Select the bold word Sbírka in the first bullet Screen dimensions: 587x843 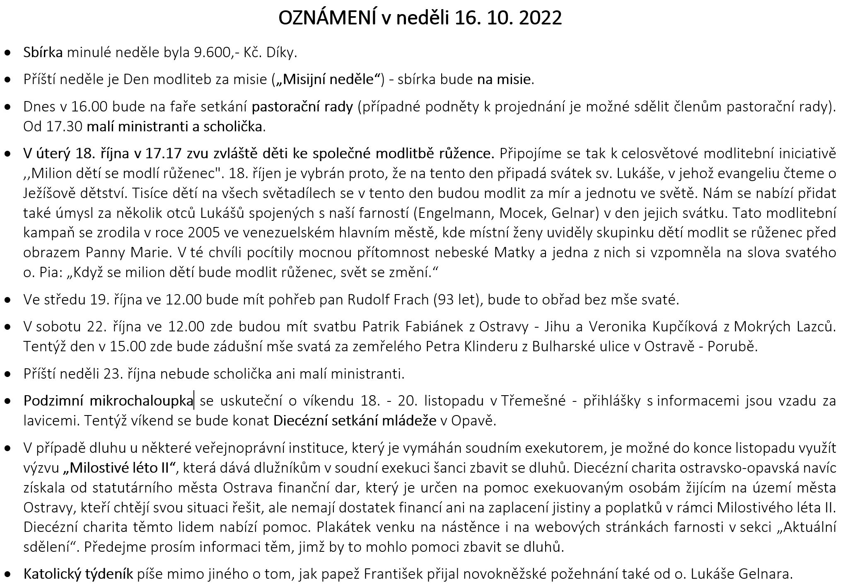point(43,53)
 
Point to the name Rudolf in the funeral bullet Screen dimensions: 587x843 point(366,300)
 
